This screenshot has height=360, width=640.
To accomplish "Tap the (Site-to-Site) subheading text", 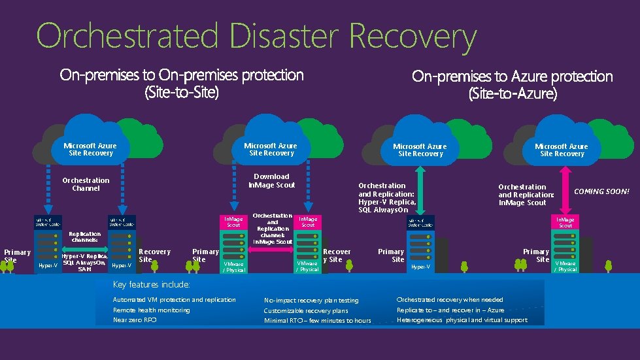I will [182, 93].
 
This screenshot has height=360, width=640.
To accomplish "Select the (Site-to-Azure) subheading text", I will [513, 94].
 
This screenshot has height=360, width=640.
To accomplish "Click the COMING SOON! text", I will [601, 191].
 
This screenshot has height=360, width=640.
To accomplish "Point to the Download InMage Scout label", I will [271, 181].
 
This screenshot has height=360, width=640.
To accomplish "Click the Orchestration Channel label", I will [86, 184].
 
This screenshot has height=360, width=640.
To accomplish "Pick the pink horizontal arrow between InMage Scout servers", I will [272, 248].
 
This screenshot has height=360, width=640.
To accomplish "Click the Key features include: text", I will [152, 285].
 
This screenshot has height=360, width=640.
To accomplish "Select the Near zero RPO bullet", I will [135, 320].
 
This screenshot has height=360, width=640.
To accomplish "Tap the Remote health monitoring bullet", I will [152, 310].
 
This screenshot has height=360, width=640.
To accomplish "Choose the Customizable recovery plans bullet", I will [306, 311].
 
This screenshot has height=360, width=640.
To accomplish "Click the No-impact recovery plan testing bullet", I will [311, 301].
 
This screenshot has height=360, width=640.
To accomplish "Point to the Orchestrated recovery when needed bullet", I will [450, 300].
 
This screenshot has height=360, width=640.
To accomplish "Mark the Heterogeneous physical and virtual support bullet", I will [462, 320].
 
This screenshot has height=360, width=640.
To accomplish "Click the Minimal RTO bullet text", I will [317, 321].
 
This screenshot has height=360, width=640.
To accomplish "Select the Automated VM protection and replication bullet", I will [175, 299].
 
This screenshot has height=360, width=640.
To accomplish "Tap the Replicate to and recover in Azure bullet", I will [450, 310].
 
